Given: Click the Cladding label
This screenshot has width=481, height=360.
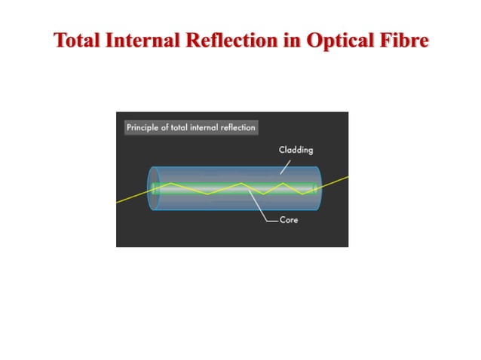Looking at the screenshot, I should coord(296,150).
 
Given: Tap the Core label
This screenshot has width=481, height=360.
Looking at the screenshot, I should coord(290,220).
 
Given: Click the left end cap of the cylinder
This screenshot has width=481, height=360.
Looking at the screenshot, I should coord(155,188).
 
